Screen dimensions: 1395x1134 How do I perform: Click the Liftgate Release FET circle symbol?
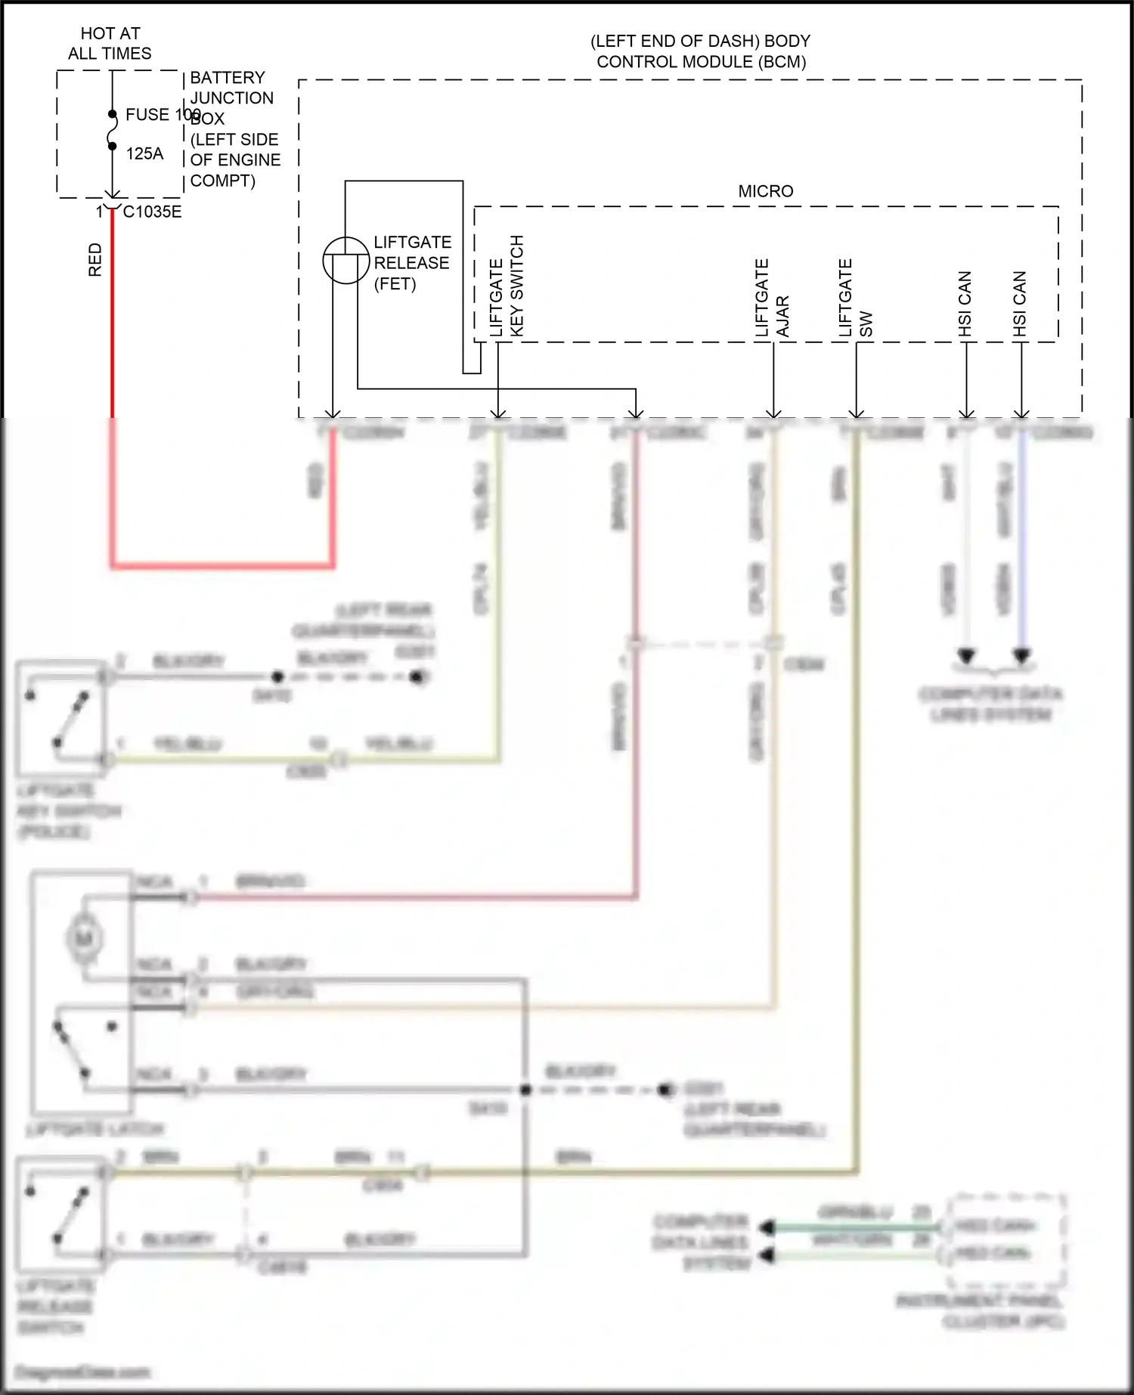345,260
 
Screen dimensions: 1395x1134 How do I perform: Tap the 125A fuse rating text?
144,154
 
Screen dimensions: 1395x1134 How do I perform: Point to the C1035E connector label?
152,212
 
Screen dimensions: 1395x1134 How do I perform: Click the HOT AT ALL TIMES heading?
110,43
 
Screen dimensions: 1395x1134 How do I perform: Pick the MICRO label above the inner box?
765,192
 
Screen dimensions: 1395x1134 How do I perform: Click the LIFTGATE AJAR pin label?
772,298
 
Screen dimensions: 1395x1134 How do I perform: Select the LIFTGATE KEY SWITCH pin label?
507,286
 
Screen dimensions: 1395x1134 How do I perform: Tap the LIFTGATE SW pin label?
855,298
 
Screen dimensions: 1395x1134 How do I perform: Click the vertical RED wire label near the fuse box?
95,259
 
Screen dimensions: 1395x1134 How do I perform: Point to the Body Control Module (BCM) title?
700,51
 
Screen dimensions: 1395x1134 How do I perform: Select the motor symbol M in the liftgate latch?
84,939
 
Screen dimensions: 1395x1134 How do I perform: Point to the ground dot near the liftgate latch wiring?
665,1090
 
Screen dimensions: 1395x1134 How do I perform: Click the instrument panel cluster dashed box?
1006,1241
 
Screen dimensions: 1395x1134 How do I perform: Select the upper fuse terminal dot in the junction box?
112,114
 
